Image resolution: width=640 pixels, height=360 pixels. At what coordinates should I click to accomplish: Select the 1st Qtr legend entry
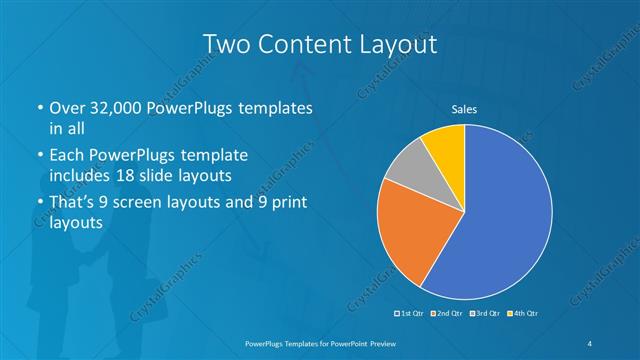click(411, 314)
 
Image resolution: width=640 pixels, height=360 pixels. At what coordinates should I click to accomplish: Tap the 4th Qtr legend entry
click(523, 314)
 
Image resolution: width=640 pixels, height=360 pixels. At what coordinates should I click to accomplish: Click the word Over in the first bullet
click(67, 107)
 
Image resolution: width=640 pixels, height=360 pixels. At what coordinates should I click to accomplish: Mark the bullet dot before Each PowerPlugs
click(38, 156)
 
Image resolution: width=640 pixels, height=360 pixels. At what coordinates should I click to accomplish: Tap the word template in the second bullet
click(216, 156)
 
